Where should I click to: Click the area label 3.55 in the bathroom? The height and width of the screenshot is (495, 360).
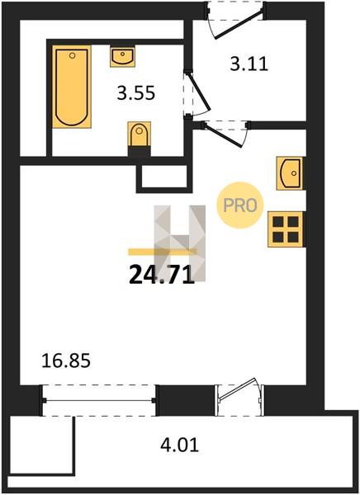pyautogui.click(x=136, y=93)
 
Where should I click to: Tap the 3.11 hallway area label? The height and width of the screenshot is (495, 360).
pyautogui.click(x=249, y=64)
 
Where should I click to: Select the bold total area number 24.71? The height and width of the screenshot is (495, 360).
pyautogui.click(x=161, y=275)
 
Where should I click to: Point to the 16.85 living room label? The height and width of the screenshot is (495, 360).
pyautogui.click(x=66, y=361)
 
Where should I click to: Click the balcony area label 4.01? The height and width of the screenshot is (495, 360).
pyautogui.click(x=180, y=445)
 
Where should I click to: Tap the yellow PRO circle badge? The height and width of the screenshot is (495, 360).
pyautogui.click(x=240, y=205)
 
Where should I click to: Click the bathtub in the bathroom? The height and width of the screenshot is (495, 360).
pyautogui.click(x=72, y=87)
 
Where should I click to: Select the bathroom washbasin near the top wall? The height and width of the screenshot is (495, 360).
pyautogui.click(x=122, y=56)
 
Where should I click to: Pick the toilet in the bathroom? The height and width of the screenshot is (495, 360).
pyautogui.click(x=139, y=139)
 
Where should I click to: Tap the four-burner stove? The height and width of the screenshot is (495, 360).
pyautogui.click(x=286, y=229)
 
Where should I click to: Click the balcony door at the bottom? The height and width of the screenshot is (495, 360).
pyautogui.click(x=239, y=398)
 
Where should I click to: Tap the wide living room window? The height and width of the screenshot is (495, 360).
pyautogui.click(x=98, y=401)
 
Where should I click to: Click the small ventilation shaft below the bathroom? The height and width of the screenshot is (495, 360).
pyautogui.click(x=164, y=178)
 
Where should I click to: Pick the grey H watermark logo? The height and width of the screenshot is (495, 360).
pyautogui.click(x=179, y=243)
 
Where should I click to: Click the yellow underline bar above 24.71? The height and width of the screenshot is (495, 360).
pyautogui.click(x=162, y=252)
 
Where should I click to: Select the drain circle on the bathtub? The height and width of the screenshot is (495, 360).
pyautogui.click(x=73, y=56)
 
